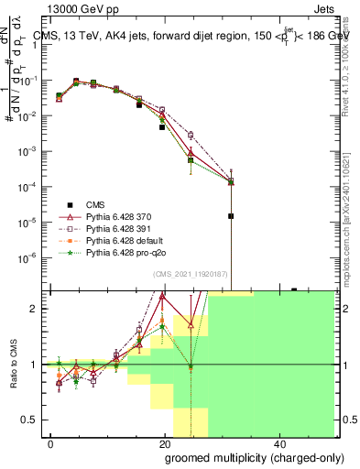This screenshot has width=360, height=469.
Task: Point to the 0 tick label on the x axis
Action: [51, 442]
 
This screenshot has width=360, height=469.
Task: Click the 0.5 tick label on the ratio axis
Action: [30, 420]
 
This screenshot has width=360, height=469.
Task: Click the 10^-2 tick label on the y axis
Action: [27, 115]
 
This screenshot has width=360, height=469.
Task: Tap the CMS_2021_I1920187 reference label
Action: [189, 275]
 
